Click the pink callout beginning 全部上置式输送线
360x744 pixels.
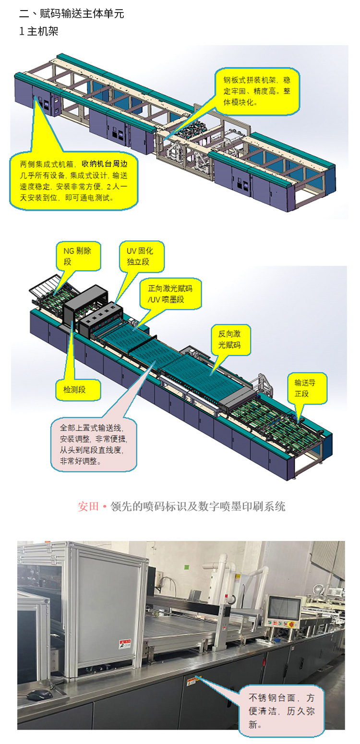pyautogui.click(x=94, y=444)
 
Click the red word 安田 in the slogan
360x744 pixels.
pyautogui.click(x=88, y=506)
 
